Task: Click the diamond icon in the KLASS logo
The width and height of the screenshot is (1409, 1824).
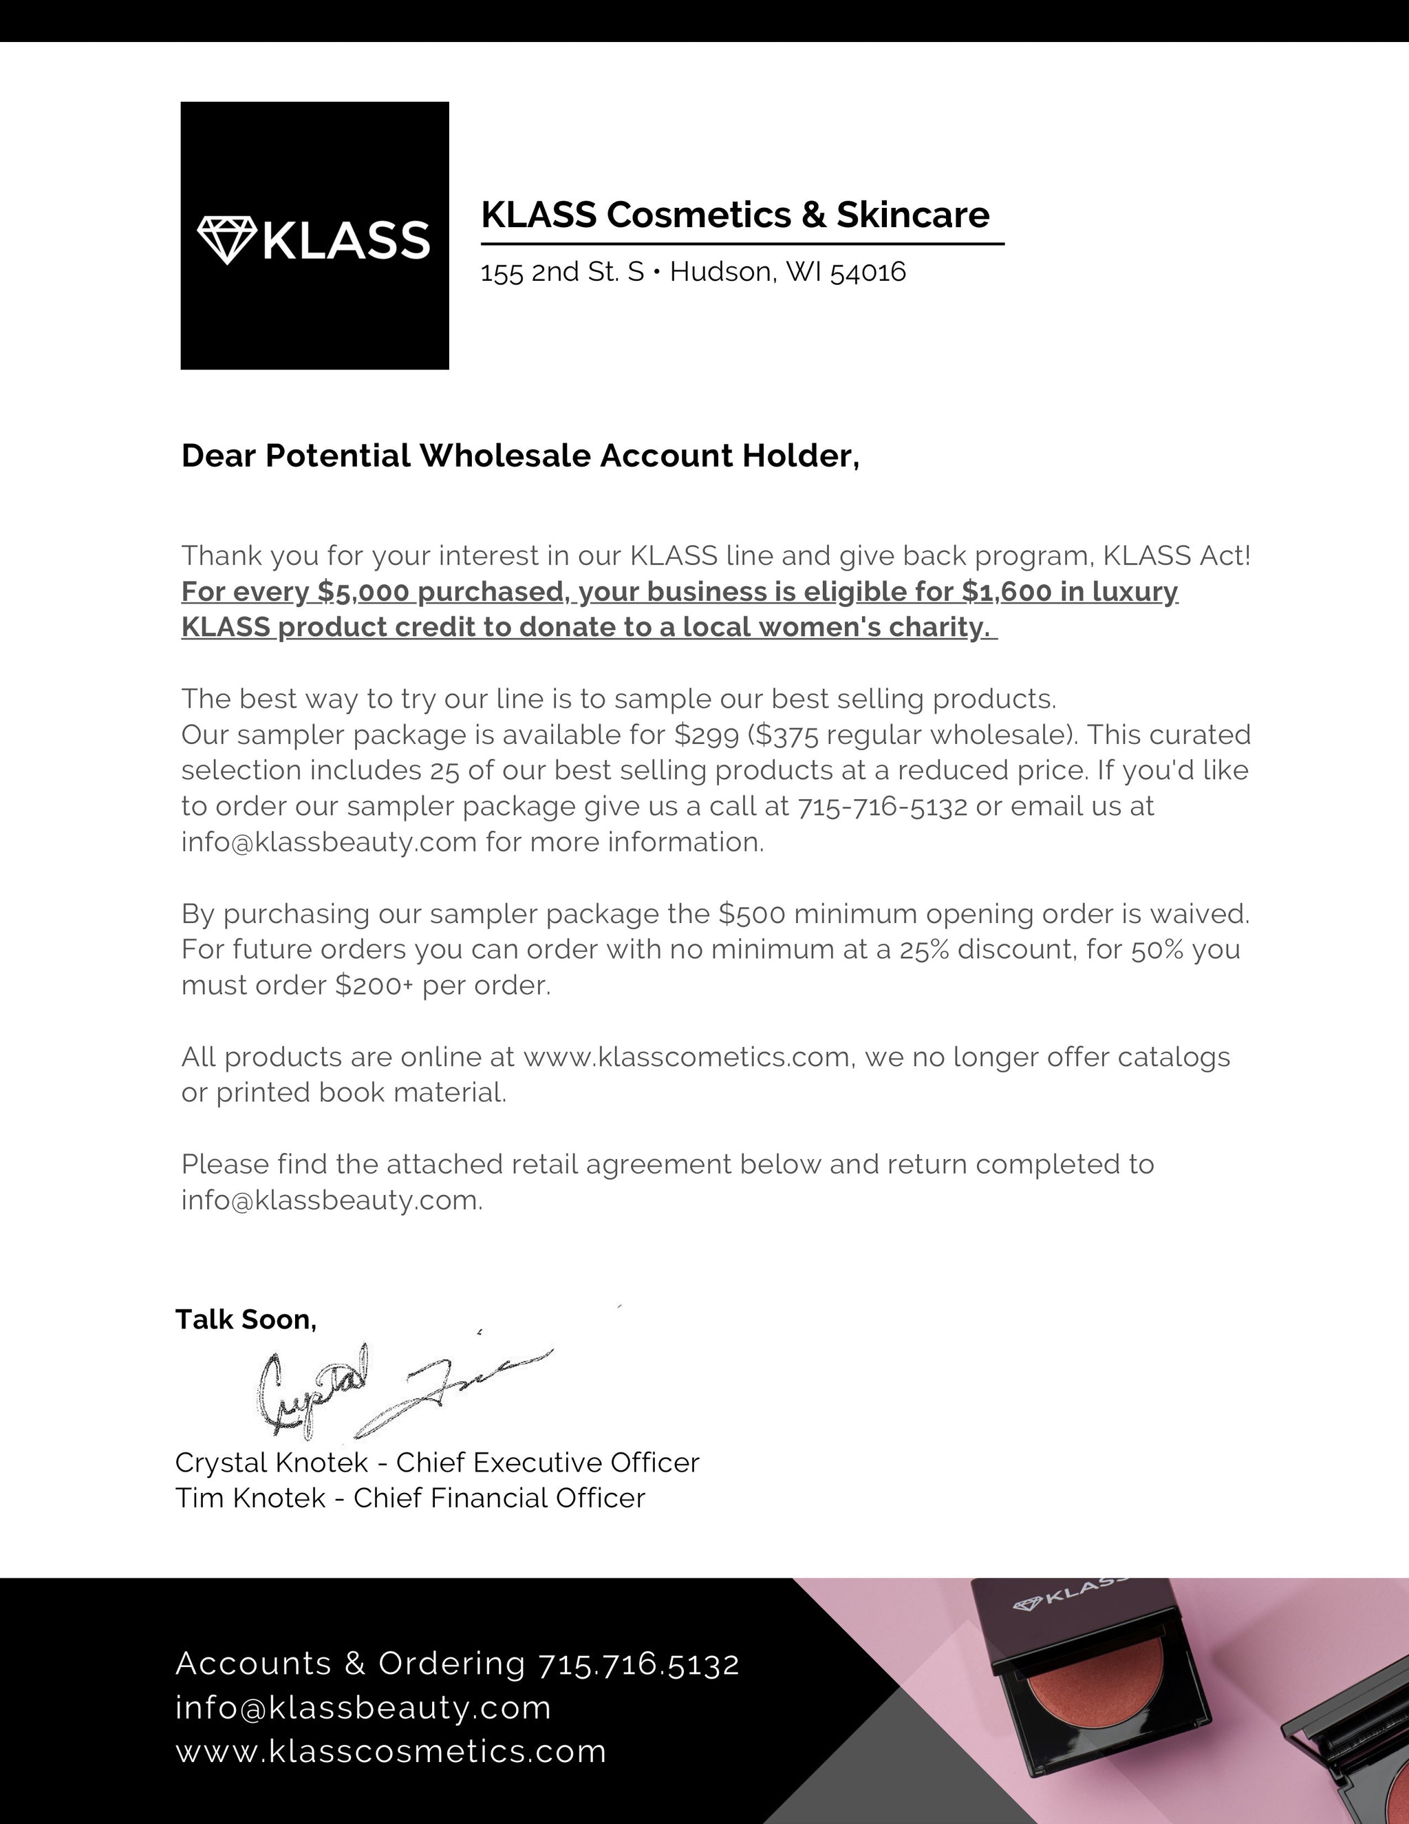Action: point(226,240)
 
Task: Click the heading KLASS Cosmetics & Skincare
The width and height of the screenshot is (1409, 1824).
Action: point(735,215)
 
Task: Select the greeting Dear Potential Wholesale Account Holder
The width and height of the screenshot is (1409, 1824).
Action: point(520,456)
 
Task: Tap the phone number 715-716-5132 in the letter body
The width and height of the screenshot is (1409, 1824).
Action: point(882,807)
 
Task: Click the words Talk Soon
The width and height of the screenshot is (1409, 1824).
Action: point(246,1319)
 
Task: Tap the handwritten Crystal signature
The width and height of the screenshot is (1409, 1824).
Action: point(313,1390)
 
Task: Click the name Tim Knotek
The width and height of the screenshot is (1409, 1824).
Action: point(250,1498)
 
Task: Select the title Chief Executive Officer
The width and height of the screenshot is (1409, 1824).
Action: point(547,1463)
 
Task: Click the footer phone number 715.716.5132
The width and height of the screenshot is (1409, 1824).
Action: point(638,1664)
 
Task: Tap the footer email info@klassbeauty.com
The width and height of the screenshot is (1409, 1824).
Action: point(363,1708)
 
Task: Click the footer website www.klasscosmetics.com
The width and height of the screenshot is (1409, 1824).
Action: point(391,1751)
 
